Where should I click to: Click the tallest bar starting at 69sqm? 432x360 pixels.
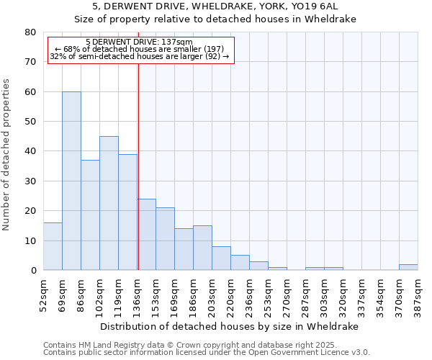pos(71,181)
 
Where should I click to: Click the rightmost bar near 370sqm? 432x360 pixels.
pos(408,267)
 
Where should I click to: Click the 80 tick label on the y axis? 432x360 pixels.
pos(30,32)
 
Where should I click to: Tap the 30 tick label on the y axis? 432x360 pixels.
pos(30,181)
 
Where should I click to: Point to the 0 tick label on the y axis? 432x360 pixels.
pos(32,270)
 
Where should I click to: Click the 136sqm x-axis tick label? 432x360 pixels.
pos(137,294)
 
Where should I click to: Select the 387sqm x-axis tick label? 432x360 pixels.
pos(418,294)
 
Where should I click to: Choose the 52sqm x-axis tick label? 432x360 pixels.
pos(43,294)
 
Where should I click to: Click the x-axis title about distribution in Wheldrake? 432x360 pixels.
pos(230,326)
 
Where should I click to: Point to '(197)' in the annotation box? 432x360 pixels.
pos(199,49)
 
